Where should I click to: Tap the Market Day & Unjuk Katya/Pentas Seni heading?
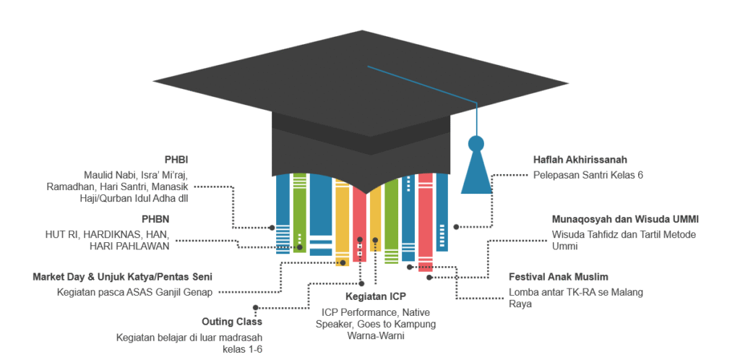click(x=122, y=277)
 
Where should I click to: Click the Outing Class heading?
click(x=232, y=322)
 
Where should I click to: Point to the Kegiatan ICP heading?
click(x=375, y=297)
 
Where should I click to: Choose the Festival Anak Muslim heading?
click(x=558, y=277)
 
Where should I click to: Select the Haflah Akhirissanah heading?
click(x=580, y=160)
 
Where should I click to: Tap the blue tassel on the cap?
click(x=476, y=173)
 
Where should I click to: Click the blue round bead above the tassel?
click(x=476, y=142)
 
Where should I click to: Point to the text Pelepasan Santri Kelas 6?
click(x=588, y=175)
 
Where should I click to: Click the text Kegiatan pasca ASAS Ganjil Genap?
click(x=134, y=292)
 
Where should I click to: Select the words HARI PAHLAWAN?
click(x=129, y=247)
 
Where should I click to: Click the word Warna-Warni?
click(x=375, y=336)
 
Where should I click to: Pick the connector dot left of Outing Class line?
click(x=257, y=307)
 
